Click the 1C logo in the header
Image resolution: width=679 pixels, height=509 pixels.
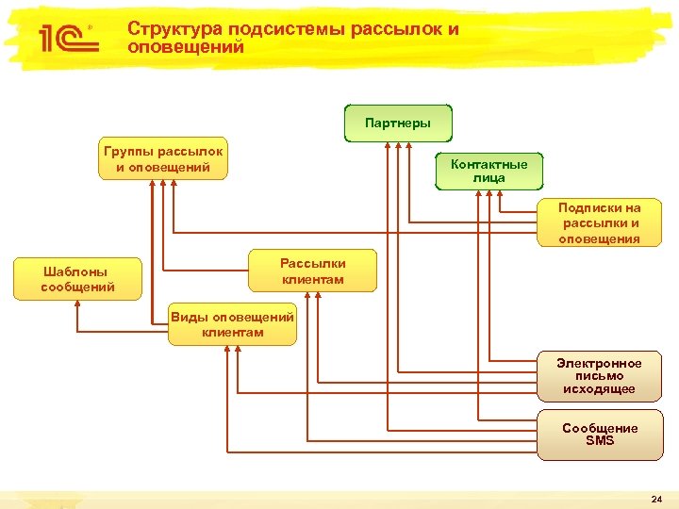click(x=64, y=37)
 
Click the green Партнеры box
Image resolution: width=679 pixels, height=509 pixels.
click(x=397, y=123)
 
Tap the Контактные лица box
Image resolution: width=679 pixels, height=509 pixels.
click(x=489, y=171)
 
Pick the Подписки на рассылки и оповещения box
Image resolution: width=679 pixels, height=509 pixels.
click(x=600, y=223)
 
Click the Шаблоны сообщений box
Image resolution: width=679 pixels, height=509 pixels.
click(x=77, y=279)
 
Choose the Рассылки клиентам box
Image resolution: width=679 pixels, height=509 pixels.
click(x=312, y=271)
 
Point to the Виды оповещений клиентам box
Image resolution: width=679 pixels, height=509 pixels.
click(x=232, y=324)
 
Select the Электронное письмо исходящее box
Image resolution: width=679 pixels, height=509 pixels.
click(x=599, y=376)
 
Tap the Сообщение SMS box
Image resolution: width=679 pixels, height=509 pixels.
click(x=599, y=435)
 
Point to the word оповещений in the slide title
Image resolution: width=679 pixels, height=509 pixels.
click(x=186, y=46)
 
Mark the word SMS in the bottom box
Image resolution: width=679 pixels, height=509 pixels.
click(x=599, y=441)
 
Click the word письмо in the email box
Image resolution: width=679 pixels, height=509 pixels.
click(x=599, y=376)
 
